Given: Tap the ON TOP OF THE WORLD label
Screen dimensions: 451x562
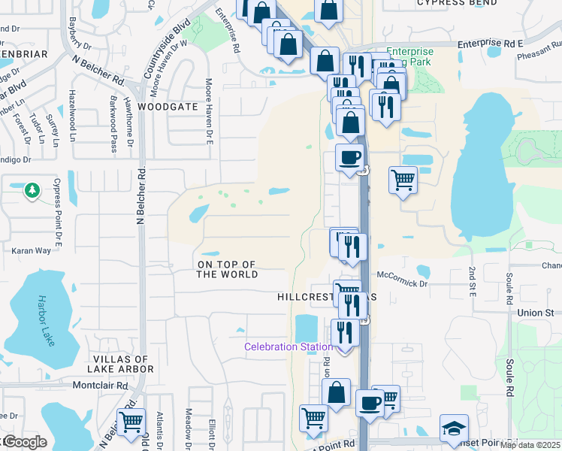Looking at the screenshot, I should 227,269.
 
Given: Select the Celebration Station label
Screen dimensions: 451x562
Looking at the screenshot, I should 288,347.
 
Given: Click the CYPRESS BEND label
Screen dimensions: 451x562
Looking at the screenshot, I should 457,3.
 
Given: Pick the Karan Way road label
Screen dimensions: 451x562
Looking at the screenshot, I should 32,250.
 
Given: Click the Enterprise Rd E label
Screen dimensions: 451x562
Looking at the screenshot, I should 489,44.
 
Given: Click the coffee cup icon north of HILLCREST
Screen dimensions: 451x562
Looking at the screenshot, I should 349,158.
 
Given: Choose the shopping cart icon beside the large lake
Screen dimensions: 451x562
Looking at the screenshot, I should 403,180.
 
